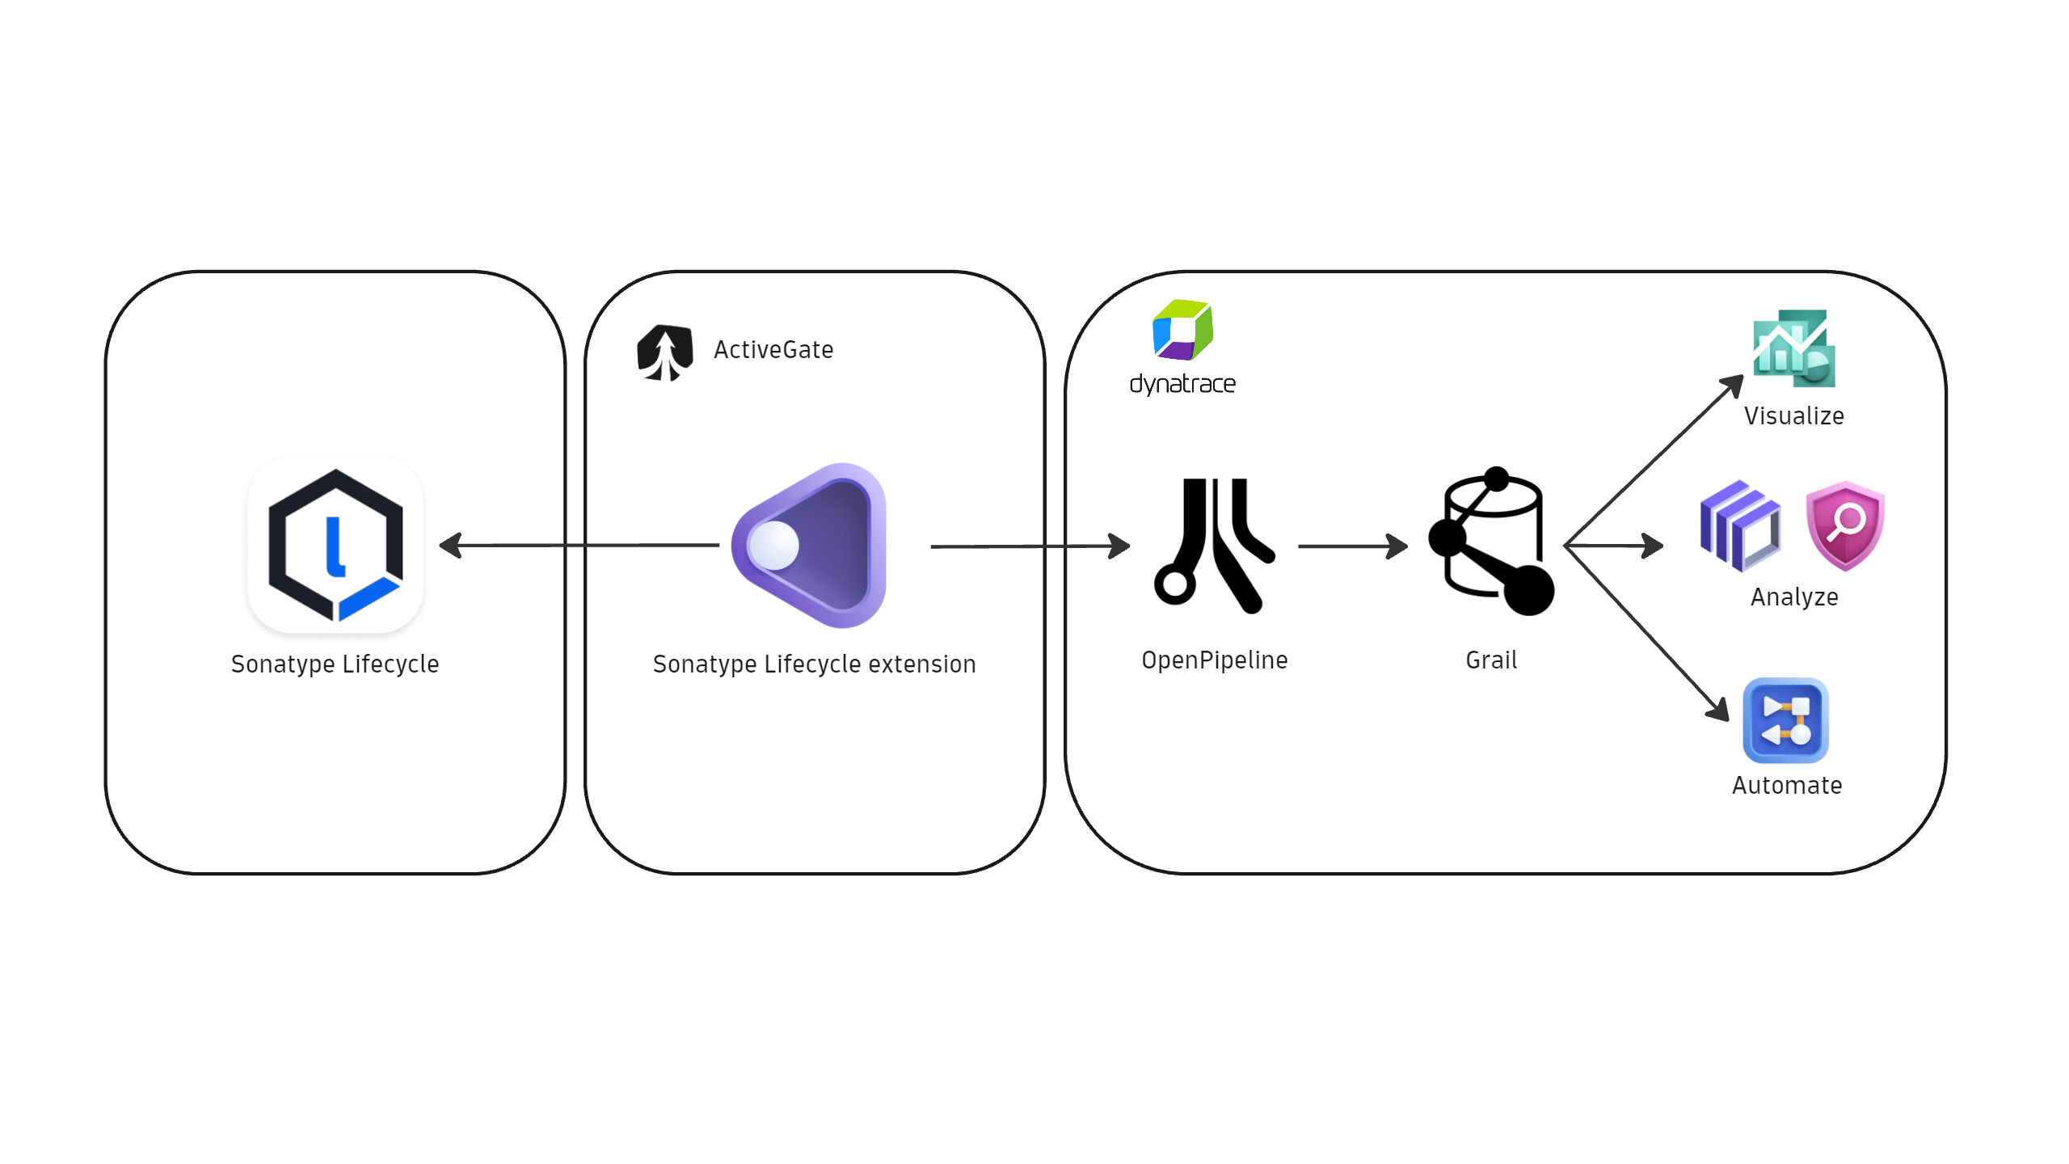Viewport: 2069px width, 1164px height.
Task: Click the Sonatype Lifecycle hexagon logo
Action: pos(335,545)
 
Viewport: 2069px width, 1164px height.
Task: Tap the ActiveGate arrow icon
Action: pos(665,352)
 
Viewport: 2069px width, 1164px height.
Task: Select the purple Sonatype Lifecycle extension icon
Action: pos(811,546)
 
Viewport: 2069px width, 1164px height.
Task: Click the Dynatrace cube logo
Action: pos(1182,330)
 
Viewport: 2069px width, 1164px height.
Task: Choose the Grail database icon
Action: pos(1491,542)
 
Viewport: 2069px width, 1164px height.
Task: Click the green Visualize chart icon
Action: pos(1793,348)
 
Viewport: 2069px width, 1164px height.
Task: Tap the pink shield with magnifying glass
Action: pos(1845,525)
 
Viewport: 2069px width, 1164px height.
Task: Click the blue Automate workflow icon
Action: pos(1785,720)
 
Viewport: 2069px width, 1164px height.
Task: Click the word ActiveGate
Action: pos(773,350)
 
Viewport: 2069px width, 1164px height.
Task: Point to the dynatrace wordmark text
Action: pos(1182,384)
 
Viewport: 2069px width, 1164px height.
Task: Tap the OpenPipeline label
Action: pos(1214,660)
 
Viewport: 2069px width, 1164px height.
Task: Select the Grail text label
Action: pos(1491,660)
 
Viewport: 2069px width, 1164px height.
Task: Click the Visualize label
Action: pos(1793,416)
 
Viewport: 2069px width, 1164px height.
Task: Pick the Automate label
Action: pos(1787,786)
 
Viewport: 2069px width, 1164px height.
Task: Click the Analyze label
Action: pos(1794,597)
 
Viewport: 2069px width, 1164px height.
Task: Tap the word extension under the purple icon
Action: pos(922,664)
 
